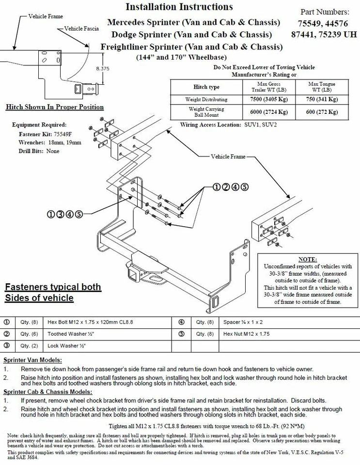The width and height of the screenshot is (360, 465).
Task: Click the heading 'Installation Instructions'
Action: click(179, 7)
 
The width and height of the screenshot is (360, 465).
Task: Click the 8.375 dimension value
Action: click(103, 69)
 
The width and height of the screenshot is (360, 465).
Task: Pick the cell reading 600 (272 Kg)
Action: click(323, 112)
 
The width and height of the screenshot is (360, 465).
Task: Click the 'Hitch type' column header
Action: click(206, 87)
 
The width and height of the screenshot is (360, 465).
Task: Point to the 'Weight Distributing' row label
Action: click(206, 99)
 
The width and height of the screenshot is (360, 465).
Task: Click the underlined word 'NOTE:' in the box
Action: click(308, 259)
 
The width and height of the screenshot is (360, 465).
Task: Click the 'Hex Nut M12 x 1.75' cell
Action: click(247, 334)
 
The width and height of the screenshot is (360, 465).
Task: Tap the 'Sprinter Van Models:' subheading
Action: click(32, 360)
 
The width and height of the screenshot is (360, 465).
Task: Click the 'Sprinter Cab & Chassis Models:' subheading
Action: click(48, 391)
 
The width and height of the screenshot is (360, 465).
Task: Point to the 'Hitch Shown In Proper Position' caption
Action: click(54, 107)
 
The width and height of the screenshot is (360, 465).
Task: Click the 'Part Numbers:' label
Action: click(325, 12)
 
